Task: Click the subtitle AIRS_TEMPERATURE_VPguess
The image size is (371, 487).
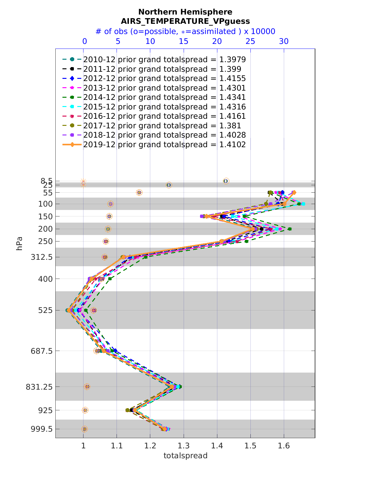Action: [x=185, y=21]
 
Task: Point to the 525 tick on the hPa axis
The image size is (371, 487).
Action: [x=46, y=310]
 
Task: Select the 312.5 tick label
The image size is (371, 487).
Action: [x=41, y=257]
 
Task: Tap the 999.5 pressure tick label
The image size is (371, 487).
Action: [x=42, y=429]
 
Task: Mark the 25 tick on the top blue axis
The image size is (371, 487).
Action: [x=250, y=41]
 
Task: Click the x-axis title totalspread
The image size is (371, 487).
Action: [x=185, y=455]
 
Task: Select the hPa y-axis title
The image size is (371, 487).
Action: [x=19, y=243]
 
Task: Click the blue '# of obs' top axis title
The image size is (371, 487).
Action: [x=185, y=32]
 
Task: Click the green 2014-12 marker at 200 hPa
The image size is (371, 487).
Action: [x=290, y=229]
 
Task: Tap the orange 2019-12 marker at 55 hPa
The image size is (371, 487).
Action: [x=294, y=192]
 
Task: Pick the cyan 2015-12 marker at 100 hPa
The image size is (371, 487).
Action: [x=303, y=204]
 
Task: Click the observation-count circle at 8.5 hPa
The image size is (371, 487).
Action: [x=226, y=181]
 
